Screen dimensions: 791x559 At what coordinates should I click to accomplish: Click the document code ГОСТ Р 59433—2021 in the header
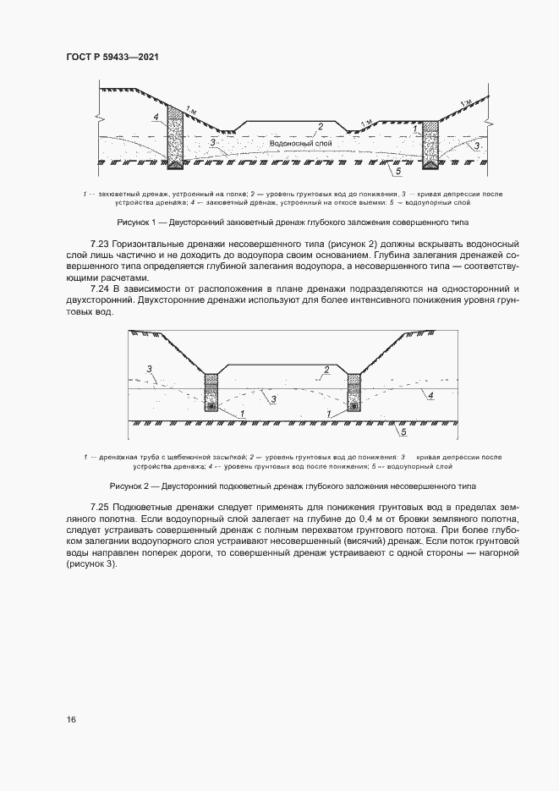[x=112, y=56]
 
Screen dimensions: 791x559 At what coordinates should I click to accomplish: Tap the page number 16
[x=72, y=719]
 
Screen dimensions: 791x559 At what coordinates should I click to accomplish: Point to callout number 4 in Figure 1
[x=156, y=116]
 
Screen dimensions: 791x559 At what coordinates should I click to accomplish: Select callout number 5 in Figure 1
[x=394, y=171]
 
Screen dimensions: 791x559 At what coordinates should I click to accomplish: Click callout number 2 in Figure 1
[x=320, y=127]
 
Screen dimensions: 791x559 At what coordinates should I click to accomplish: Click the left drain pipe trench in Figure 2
[x=211, y=394]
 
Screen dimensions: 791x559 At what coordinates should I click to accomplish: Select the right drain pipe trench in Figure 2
[x=353, y=394]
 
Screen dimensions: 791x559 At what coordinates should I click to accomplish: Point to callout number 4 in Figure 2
[x=430, y=395]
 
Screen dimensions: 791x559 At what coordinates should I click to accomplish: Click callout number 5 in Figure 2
[x=403, y=431]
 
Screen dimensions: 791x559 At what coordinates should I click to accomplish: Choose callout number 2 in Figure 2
[x=325, y=370]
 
